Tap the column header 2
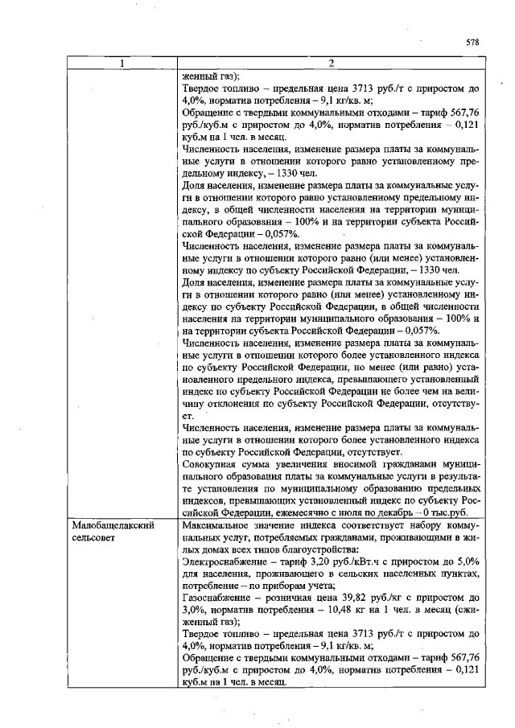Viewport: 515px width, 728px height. tap(331, 64)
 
